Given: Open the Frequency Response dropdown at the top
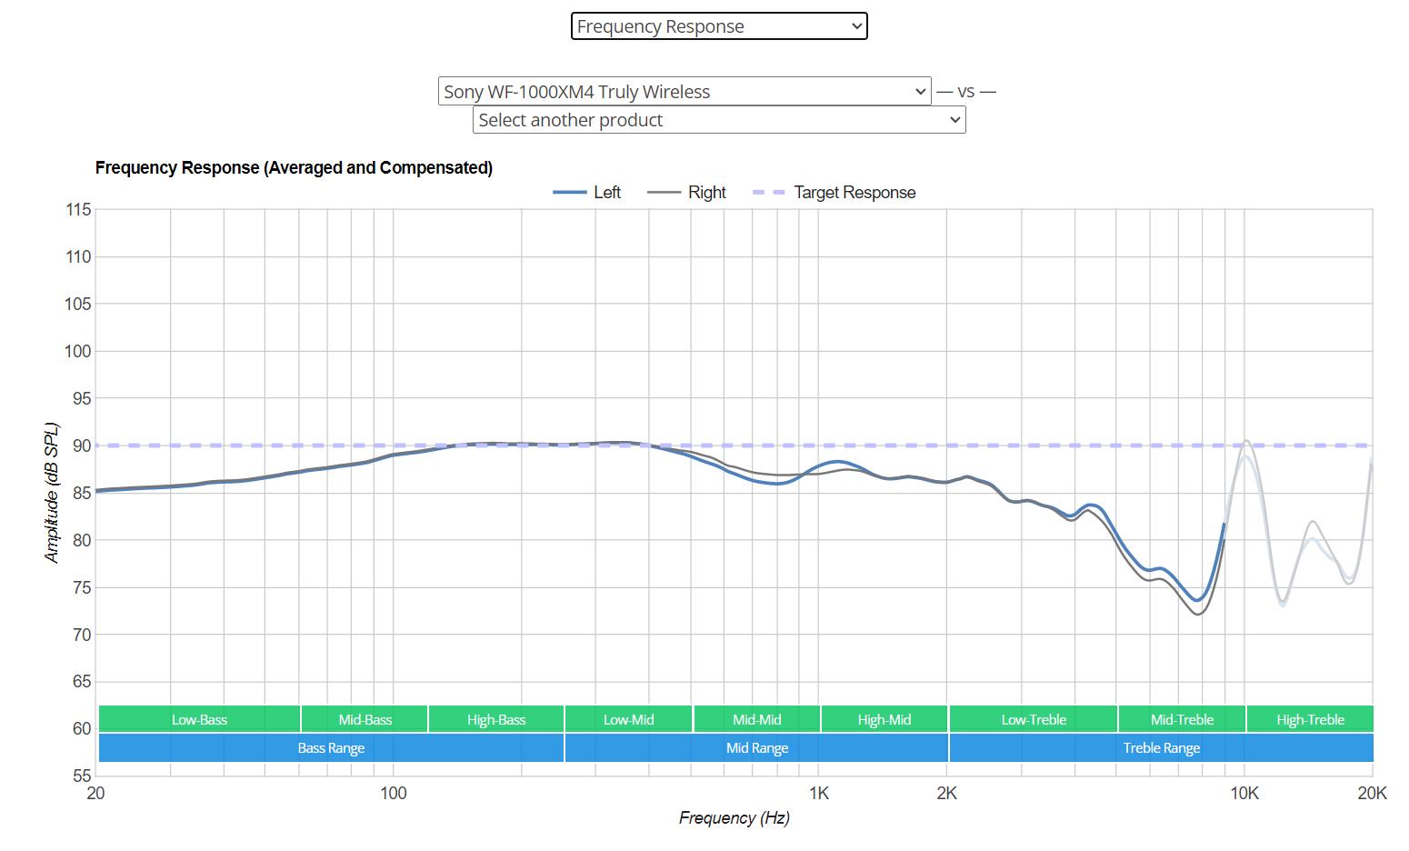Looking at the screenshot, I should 718,26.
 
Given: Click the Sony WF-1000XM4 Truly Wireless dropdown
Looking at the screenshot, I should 684,92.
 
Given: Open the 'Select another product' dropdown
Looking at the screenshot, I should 718,120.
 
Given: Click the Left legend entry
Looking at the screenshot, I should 587,193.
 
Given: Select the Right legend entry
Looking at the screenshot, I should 687,193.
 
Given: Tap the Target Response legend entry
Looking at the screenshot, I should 834,193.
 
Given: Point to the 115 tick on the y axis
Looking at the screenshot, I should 78,210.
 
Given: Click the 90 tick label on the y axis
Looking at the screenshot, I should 78,446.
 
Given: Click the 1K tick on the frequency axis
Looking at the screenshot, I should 818,794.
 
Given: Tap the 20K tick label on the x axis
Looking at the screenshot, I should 1372,794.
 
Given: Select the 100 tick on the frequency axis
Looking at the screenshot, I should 393,794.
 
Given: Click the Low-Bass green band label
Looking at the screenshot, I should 199,719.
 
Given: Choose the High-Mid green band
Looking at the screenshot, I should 884,719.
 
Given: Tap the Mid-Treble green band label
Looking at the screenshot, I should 1182,719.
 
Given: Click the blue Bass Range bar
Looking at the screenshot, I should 331,748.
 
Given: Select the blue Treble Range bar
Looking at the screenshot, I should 1161,748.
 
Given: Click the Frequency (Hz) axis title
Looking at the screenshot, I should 734,818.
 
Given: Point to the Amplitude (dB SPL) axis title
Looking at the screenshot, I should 52,492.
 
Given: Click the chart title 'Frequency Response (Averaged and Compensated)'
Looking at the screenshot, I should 294,168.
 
